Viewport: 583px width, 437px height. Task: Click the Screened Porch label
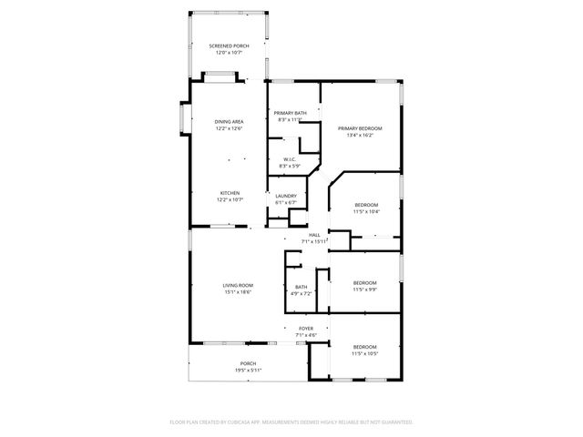pos(229,46)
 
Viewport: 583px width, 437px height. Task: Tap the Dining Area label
pos(229,122)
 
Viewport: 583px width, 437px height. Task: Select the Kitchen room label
pos(229,193)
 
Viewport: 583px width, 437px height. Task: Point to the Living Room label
pos(238,286)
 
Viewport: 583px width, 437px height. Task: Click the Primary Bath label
pos(291,113)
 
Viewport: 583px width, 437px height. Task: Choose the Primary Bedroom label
pos(360,128)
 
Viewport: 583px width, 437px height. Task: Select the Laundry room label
pos(286,197)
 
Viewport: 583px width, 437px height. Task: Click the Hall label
pos(314,235)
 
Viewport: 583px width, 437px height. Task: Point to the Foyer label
pos(306,328)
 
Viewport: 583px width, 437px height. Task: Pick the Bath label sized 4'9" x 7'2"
pos(301,288)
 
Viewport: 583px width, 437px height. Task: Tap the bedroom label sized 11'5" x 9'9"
pos(364,283)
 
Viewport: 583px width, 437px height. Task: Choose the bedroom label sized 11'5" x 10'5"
pos(364,347)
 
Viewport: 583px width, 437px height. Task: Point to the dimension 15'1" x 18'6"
pos(238,291)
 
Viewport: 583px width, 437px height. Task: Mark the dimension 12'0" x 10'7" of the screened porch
pos(229,52)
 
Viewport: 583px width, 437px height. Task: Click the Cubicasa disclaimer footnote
pos(291,422)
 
